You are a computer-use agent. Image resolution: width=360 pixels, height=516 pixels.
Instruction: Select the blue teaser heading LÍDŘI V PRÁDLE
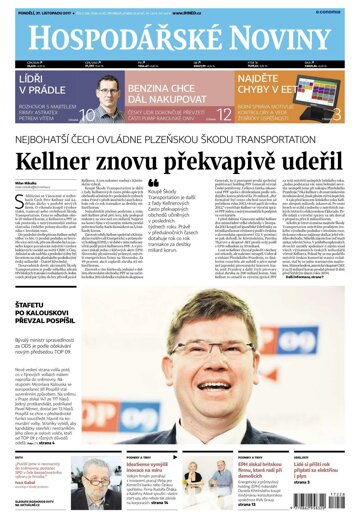point(39,83)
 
